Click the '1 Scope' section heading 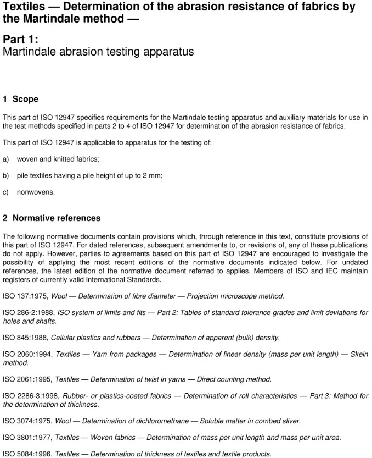click(x=20, y=99)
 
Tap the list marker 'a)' click(x=6, y=159)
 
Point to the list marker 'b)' click(x=6, y=175)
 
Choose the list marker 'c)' click(x=6, y=192)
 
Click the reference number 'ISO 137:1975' click(x=25, y=296)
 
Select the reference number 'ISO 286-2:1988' click(x=28, y=312)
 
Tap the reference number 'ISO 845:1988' click(x=25, y=337)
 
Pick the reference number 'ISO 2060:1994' click(x=27, y=354)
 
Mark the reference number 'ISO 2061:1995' click(x=27, y=379)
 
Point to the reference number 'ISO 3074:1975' click(x=27, y=421)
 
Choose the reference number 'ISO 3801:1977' click(x=27, y=437)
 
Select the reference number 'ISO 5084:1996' click(x=27, y=454)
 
